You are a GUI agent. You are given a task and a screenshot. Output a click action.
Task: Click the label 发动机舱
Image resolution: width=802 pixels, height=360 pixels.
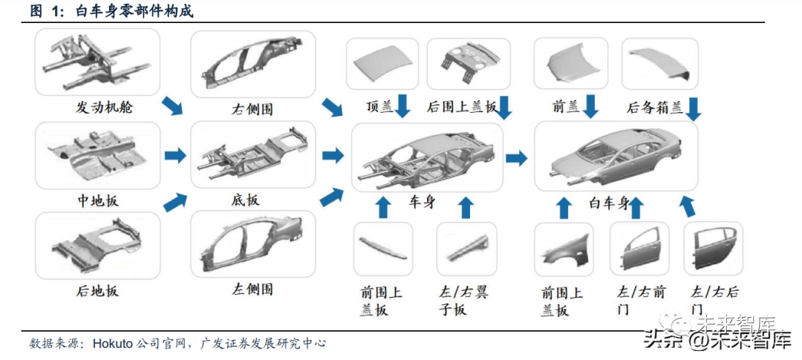tap(104, 106)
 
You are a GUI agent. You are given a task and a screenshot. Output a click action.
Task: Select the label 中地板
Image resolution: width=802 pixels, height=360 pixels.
tap(97, 200)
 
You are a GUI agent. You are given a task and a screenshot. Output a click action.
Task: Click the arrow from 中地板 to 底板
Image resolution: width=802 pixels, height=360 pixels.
tap(175, 156)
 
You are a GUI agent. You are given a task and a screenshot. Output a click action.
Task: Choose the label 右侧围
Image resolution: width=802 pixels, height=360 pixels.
tap(252, 109)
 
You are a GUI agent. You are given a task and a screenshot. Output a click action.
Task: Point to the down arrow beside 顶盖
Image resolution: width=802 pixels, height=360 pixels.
tap(402, 105)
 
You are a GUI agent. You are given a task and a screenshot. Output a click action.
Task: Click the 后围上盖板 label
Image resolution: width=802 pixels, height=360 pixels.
tap(461, 107)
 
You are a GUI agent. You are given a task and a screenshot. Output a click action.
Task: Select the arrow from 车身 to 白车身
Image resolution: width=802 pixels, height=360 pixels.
tap(517, 157)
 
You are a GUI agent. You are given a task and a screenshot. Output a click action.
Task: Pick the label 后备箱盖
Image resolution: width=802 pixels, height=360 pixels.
tap(654, 108)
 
